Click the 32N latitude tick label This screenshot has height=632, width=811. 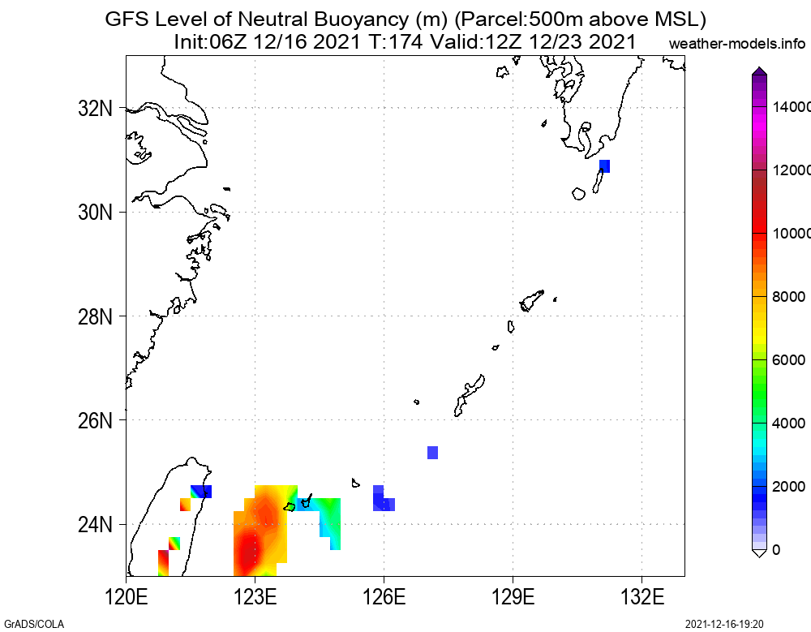[x=95, y=109]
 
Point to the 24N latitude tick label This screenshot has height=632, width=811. [x=95, y=525]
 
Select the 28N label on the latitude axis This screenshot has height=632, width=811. [x=95, y=316]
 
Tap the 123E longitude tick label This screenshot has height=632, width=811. [x=255, y=597]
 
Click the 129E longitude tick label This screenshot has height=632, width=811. [x=513, y=597]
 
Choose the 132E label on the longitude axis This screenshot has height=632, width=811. [x=642, y=597]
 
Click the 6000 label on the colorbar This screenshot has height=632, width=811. [x=788, y=359]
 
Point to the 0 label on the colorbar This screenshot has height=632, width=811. [x=776, y=550]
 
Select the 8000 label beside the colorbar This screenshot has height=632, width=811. [x=788, y=297]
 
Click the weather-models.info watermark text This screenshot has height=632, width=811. [x=737, y=44]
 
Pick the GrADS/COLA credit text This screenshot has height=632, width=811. [x=34, y=624]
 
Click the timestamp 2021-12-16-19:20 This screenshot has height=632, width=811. [x=724, y=624]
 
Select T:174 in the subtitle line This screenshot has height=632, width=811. [x=396, y=41]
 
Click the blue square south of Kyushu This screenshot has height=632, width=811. [x=605, y=166]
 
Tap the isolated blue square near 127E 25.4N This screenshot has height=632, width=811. [x=433, y=453]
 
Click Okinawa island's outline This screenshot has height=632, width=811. [x=469, y=395]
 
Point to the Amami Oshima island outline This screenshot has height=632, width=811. [x=532, y=300]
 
